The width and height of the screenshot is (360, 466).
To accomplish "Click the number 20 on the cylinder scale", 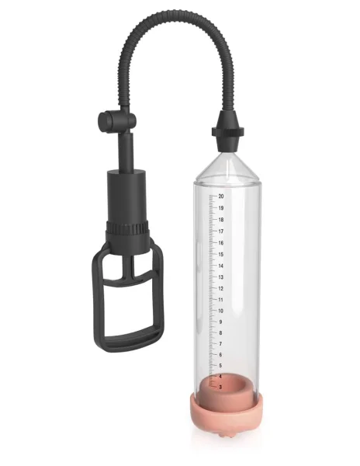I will [x=221, y=196].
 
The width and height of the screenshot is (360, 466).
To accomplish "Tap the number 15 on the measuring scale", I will [x=221, y=254].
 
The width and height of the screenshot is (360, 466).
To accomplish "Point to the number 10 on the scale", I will [x=221, y=310].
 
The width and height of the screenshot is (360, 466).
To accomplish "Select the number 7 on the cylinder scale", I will [x=221, y=343].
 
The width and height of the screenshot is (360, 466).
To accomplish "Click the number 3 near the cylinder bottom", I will [x=221, y=386].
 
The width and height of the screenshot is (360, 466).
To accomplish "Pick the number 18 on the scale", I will [x=221, y=220].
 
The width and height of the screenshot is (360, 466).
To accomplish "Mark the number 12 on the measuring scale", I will [x=221, y=288].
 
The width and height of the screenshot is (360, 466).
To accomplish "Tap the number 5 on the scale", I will [x=221, y=365].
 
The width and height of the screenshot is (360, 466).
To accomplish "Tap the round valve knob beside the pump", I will [x=106, y=121].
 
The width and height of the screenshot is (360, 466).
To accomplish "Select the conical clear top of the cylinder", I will [x=227, y=163].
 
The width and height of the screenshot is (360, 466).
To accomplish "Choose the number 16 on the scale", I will [x=221, y=242].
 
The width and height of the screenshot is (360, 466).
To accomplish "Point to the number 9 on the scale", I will [x=221, y=322].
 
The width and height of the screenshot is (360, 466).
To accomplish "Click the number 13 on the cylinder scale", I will [x=221, y=276].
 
